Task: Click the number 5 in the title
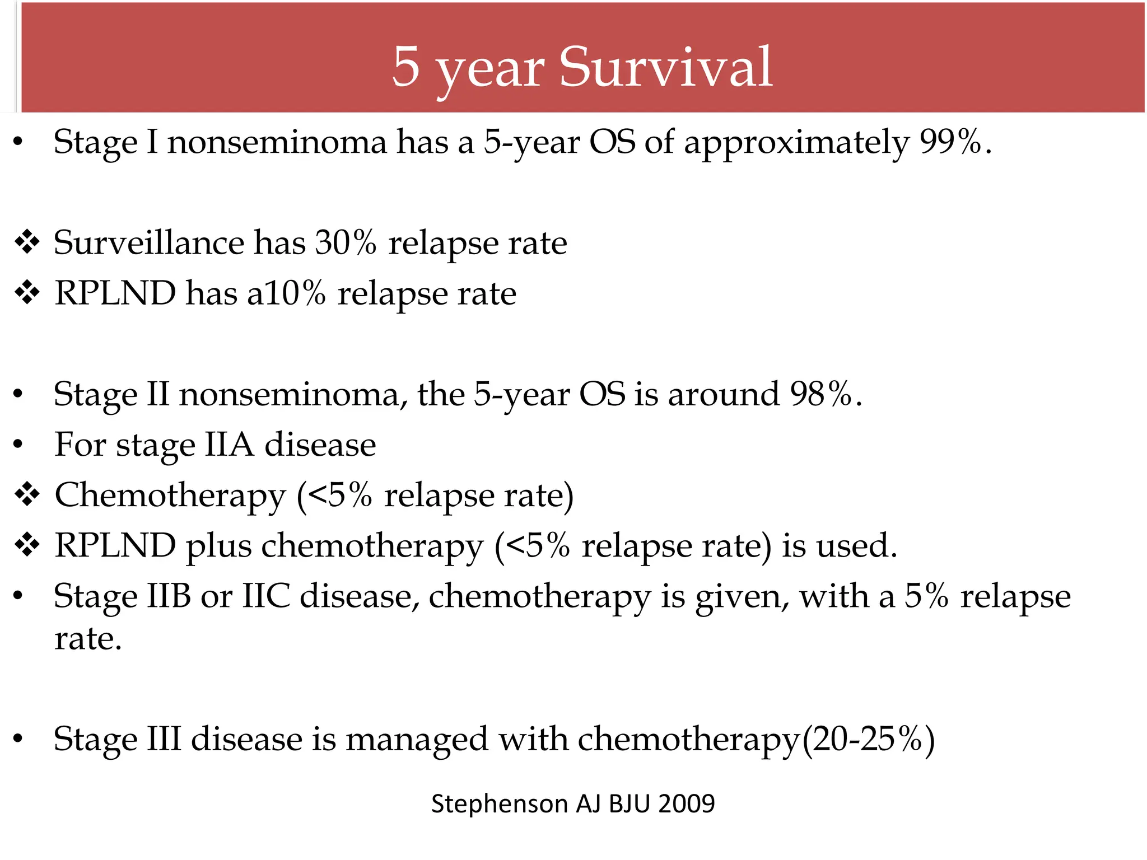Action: [406, 67]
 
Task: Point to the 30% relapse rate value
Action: [346, 243]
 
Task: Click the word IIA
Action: [229, 445]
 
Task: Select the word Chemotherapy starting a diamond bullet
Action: [170, 496]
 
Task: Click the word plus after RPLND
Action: [219, 546]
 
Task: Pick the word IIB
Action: [169, 596]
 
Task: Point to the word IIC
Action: [266, 596]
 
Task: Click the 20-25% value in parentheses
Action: [867, 740]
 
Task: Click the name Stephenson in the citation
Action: [500, 804]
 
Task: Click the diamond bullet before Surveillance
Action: [27, 243]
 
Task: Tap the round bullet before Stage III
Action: [18, 740]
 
